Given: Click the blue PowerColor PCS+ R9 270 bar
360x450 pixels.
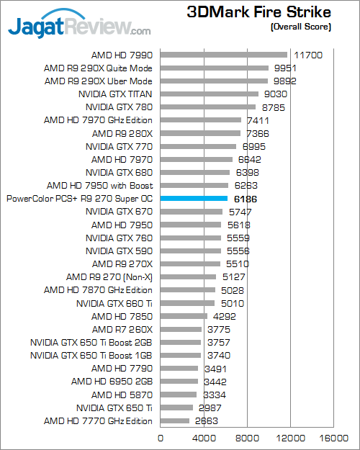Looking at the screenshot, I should (x=194, y=199).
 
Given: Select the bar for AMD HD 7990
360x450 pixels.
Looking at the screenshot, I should (x=223, y=55).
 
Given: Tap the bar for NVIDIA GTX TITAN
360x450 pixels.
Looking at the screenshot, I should (x=209, y=94).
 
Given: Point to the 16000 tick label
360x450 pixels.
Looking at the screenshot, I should (x=334, y=437).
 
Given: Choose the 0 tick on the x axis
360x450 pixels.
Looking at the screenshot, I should (x=160, y=437).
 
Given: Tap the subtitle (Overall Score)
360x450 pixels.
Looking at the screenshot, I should (x=300, y=27).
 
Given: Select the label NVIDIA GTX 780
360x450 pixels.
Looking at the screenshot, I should (x=119, y=107).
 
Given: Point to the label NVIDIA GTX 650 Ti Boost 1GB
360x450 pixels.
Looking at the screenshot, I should (x=91, y=356).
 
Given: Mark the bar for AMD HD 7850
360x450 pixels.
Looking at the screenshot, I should (x=184, y=316).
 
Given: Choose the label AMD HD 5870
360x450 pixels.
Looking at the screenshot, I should (x=122, y=395).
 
